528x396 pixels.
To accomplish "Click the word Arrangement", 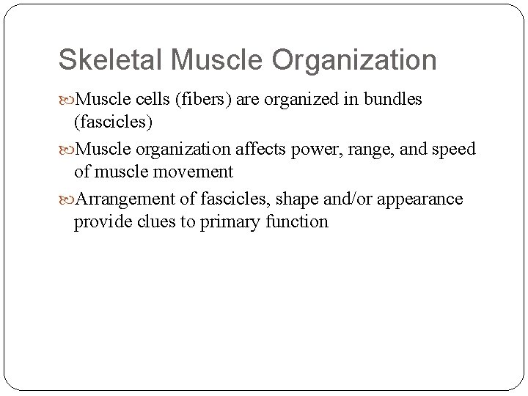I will [116, 199].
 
